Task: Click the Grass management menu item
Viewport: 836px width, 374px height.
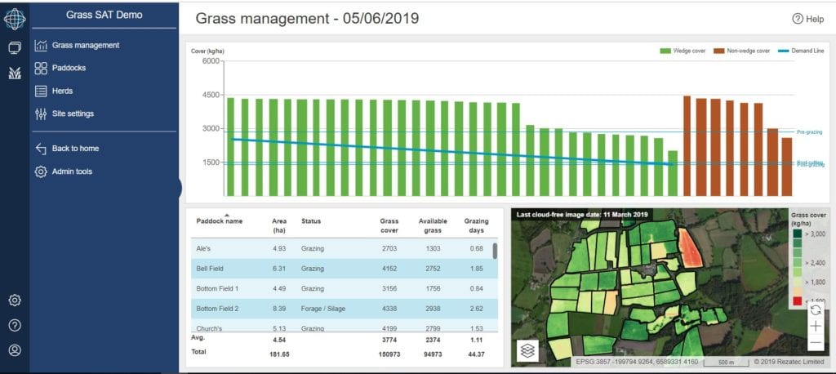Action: point(85,46)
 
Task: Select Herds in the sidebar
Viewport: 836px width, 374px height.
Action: point(62,91)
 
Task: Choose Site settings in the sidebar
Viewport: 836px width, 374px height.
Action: point(73,114)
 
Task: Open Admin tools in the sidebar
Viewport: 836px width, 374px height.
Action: point(72,171)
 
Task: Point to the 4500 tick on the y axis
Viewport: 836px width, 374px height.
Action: point(211,95)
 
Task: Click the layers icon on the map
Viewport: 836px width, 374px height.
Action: point(527,350)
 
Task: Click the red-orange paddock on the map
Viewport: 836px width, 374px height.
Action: point(691,247)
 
